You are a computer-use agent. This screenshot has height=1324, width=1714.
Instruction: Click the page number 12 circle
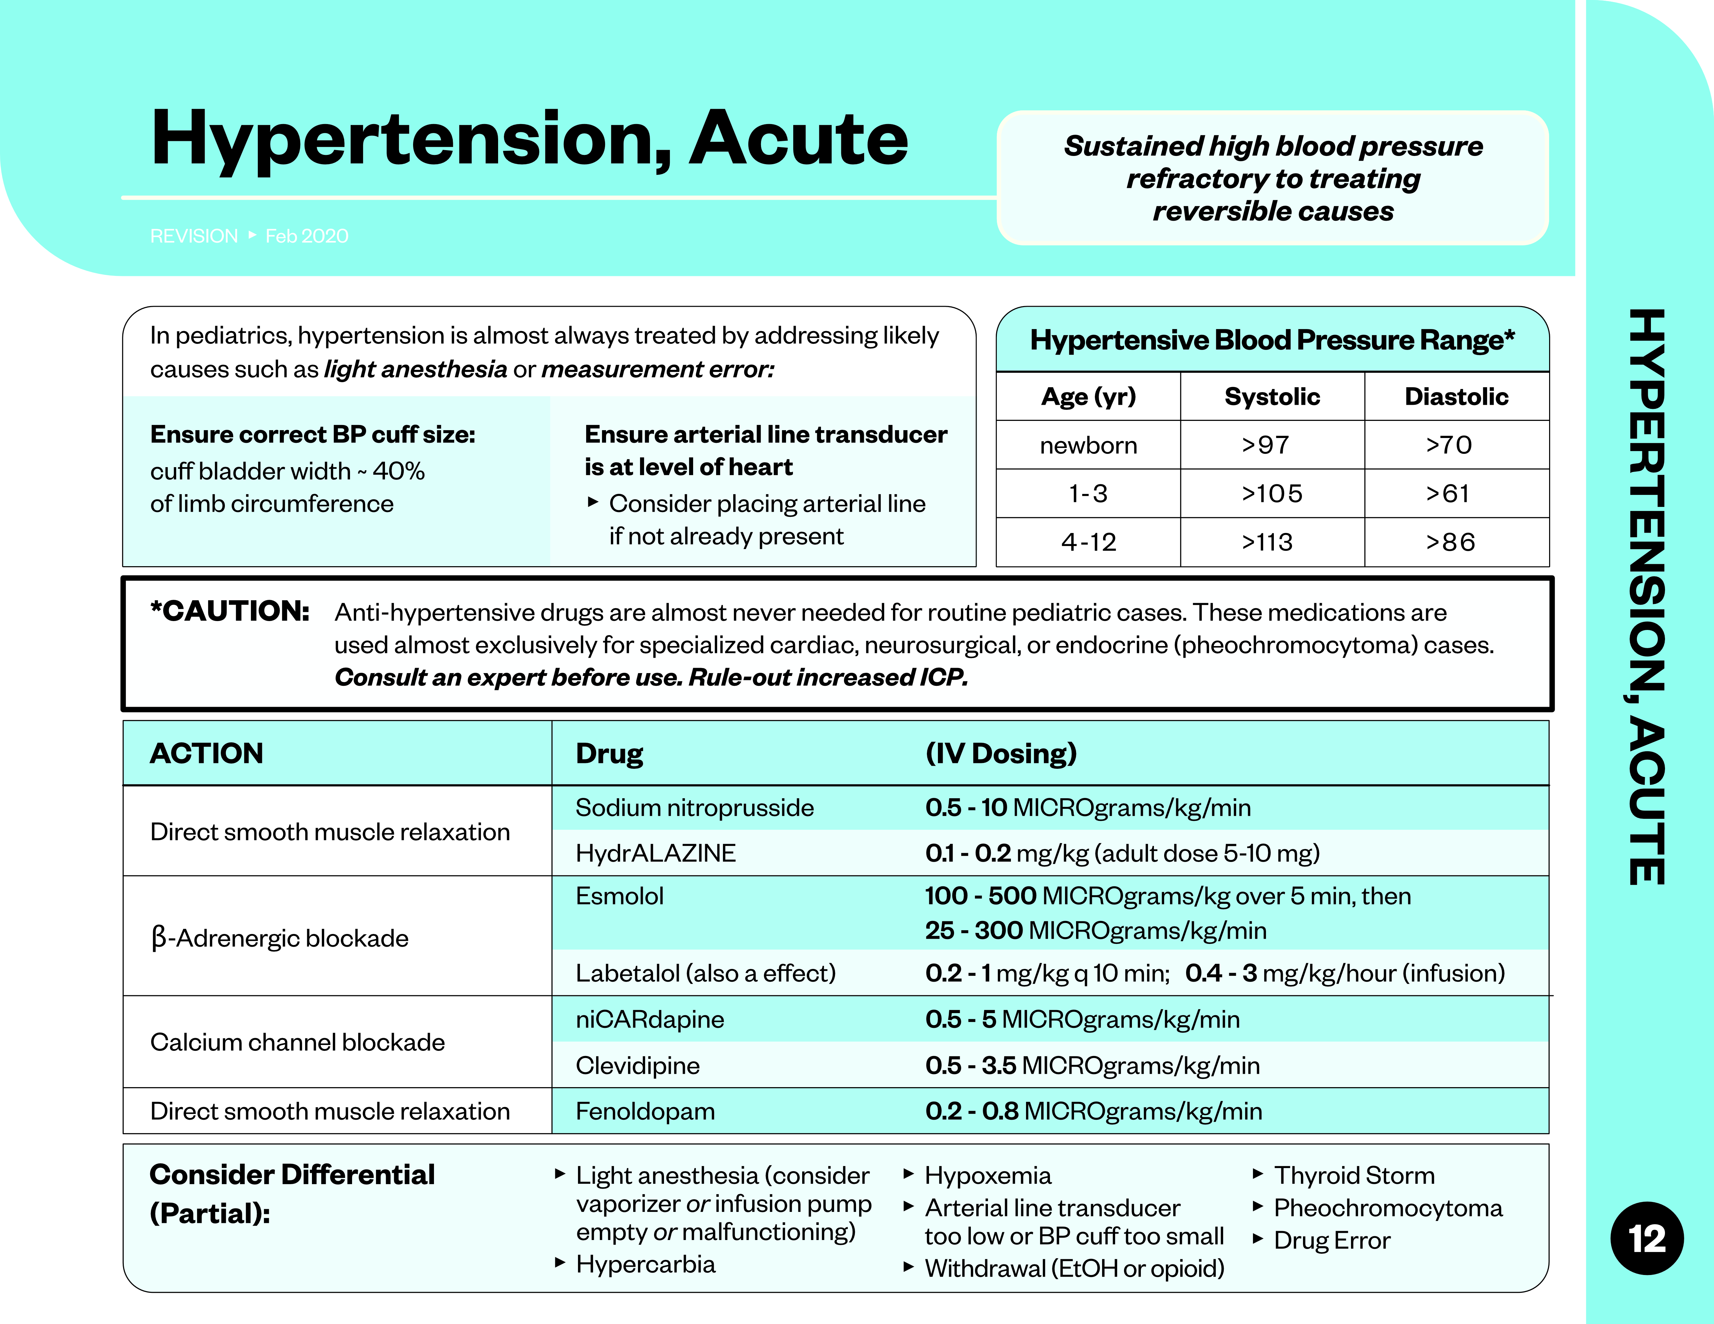point(1646,1238)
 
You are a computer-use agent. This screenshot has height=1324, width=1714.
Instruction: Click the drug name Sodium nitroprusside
point(695,807)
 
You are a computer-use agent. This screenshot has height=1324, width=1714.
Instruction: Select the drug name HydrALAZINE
point(655,853)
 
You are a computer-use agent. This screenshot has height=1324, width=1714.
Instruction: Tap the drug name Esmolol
point(619,896)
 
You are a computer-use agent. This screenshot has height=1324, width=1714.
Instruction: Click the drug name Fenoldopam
point(645,1111)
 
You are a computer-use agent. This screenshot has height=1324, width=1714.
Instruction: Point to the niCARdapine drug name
point(650,1020)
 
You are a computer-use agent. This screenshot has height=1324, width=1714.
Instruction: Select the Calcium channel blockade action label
point(298,1042)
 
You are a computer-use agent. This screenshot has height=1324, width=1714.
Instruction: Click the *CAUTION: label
point(230,611)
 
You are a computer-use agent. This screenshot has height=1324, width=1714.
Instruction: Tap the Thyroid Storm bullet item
point(1354,1176)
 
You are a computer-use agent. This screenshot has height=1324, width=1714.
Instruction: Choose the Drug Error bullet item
point(1332,1241)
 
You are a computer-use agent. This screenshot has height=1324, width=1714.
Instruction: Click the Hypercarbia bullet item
point(645,1264)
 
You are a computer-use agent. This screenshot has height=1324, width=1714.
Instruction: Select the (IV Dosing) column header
point(1001,753)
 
